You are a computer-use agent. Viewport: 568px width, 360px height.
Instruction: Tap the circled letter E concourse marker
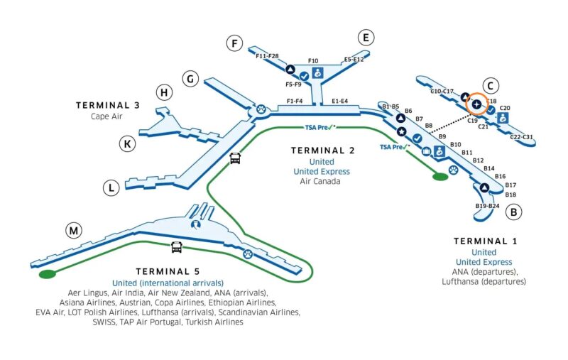[366, 38]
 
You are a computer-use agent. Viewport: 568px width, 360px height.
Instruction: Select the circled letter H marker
[165, 92]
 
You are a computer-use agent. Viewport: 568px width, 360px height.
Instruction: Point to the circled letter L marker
[111, 188]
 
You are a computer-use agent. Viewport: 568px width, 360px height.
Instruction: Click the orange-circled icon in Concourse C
[476, 104]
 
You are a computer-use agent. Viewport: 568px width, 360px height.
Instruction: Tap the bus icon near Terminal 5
[176, 247]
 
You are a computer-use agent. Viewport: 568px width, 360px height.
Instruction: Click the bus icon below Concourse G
[235, 158]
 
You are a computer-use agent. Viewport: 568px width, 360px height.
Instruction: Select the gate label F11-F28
[267, 55]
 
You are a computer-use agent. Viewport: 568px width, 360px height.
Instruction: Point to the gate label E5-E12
[354, 60]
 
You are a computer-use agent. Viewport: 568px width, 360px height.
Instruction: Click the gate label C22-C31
[522, 137]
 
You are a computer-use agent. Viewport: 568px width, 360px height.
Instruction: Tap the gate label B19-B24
[487, 206]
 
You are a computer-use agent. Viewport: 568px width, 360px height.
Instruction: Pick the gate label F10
[313, 62]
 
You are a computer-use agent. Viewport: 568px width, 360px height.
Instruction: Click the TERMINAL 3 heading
[107, 105]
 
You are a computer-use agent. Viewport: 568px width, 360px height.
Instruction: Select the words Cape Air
[107, 116]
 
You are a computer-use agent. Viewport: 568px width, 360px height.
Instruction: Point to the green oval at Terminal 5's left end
[47, 273]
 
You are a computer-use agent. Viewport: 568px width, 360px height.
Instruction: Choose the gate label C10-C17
[442, 92]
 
